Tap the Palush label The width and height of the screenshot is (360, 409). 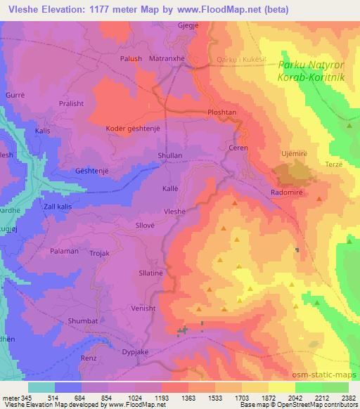click(131, 59)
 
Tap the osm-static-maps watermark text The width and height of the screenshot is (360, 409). click(328, 376)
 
